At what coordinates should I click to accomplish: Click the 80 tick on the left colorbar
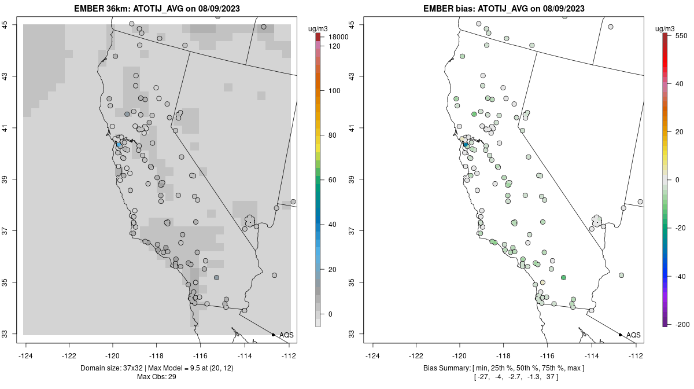click(333, 135)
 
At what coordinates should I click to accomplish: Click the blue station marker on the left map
click(119, 145)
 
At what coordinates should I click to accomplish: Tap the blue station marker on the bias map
click(466, 145)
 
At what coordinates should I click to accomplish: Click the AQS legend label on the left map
click(286, 335)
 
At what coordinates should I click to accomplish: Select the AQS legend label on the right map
click(633, 335)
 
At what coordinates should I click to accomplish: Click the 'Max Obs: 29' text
click(156, 377)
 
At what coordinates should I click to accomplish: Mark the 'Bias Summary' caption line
click(503, 368)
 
